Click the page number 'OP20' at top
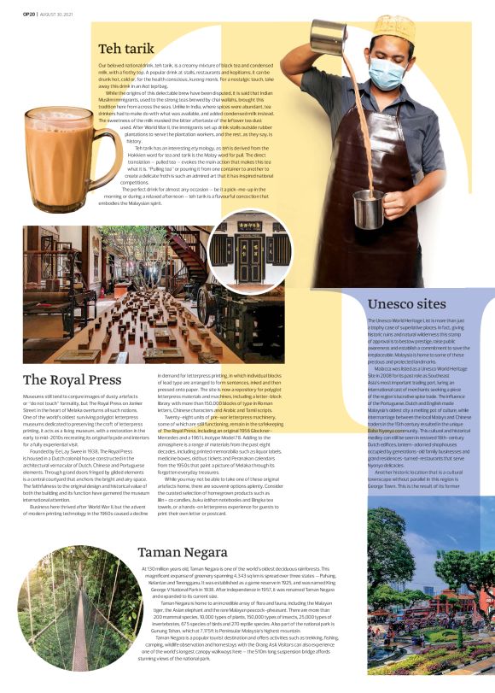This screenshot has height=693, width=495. pos(16,8)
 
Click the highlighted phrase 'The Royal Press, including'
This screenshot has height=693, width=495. pos(190,431)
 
